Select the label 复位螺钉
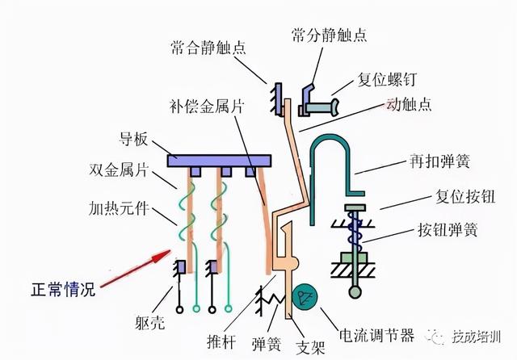389,81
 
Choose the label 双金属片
122,170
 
